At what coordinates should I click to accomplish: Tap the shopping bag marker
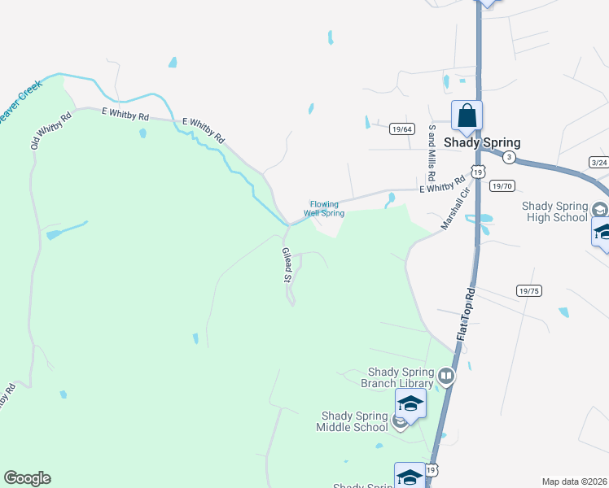467,115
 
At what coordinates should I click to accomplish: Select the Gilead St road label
287,265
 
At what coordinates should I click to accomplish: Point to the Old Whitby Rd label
51,129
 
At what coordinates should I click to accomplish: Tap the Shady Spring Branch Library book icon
445,376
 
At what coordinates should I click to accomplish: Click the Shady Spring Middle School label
355,421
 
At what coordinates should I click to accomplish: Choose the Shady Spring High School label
554,211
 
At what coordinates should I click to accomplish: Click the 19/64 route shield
402,129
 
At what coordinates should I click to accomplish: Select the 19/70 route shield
503,185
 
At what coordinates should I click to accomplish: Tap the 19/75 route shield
528,290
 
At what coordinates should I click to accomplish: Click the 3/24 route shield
599,163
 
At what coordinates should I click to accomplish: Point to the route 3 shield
509,155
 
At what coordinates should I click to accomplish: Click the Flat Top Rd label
465,316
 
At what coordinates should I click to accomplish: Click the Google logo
27,478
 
